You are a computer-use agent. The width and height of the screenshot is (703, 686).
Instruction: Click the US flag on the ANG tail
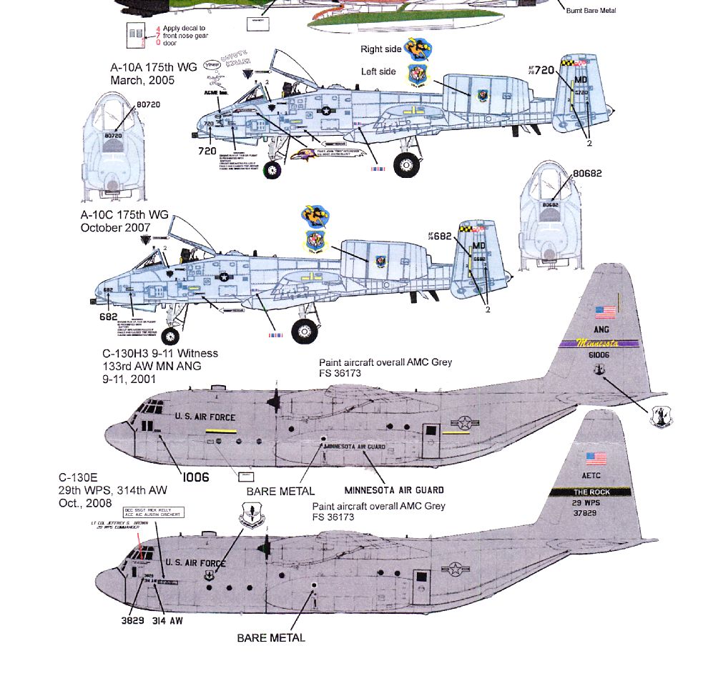click(x=604, y=312)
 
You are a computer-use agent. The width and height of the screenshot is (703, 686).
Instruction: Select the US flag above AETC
click(x=595, y=458)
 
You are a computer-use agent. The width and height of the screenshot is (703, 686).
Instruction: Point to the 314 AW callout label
click(x=167, y=621)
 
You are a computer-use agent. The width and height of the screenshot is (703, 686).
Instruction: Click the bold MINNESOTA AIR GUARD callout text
click(x=394, y=490)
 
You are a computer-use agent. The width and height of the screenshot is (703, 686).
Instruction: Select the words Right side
click(x=381, y=50)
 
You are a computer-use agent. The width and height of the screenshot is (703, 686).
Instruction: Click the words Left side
click(x=378, y=71)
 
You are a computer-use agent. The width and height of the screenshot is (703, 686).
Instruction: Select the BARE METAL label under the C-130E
click(x=271, y=637)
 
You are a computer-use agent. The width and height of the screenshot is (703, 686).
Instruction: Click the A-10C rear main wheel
click(x=305, y=331)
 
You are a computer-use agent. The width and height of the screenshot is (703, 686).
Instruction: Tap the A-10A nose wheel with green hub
click(x=272, y=170)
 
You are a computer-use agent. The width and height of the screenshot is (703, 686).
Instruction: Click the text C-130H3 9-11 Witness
click(x=161, y=353)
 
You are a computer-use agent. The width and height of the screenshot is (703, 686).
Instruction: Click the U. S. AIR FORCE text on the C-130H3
click(x=205, y=417)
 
